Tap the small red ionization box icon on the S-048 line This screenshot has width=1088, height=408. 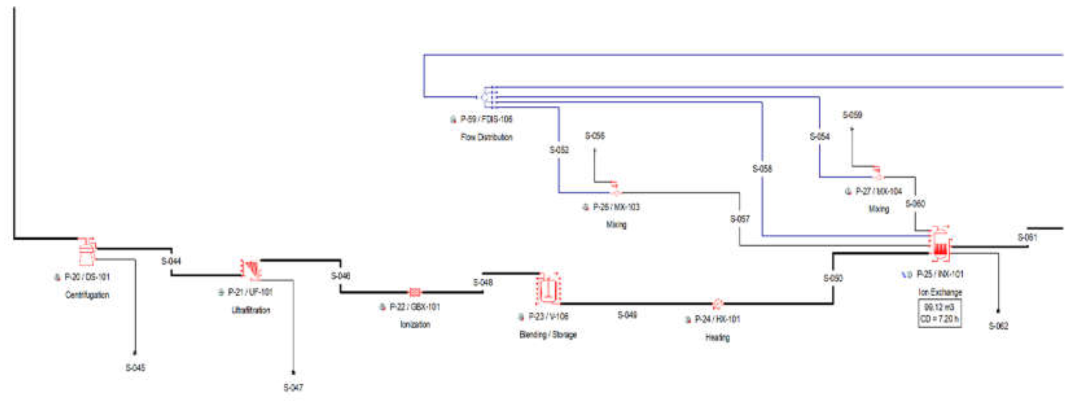pos(415,292)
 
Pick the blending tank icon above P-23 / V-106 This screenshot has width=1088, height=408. pos(548,289)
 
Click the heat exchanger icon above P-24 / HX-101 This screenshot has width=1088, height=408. pos(717,303)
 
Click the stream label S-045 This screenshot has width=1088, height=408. pos(135,367)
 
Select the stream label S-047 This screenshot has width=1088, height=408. pos(293,387)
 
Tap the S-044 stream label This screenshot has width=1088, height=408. pos(171,261)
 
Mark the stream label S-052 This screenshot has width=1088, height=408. pos(559,150)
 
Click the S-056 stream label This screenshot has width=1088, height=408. pos(595,136)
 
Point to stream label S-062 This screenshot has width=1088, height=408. pos(998,326)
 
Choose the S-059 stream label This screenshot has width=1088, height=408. pos(852,115)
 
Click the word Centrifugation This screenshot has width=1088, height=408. pos(87,295)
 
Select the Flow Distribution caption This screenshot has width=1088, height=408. pos(487,137)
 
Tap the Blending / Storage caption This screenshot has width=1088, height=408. pos(548,334)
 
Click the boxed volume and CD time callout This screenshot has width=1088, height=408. pos(940,313)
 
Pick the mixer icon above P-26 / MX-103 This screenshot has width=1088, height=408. pos(615,189)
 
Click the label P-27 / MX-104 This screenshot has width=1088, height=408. pos(878,191)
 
